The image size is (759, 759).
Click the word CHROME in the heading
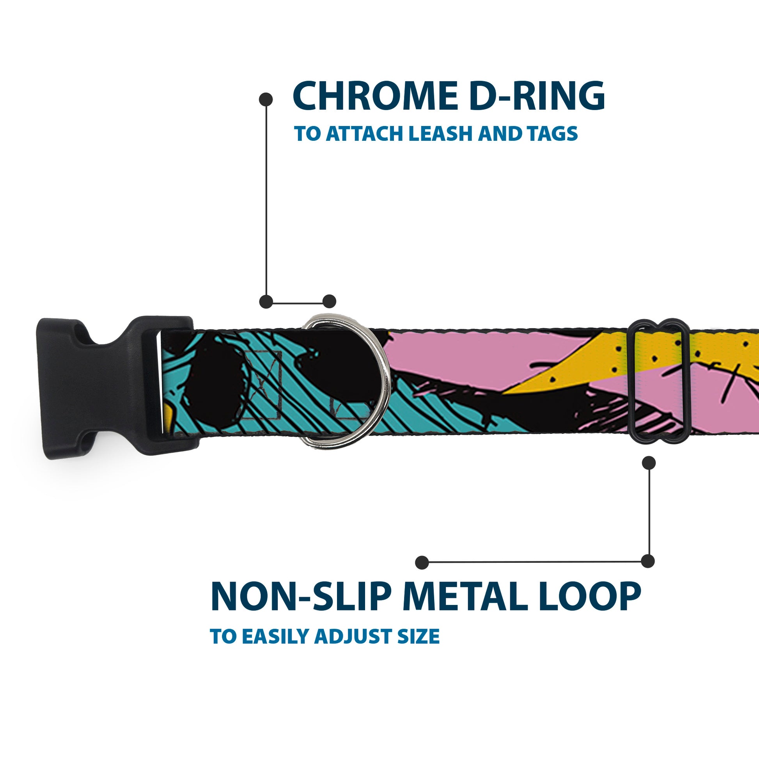click(x=374, y=96)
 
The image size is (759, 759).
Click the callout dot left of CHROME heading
click(x=266, y=99)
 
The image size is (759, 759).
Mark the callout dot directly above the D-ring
click(x=329, y=301)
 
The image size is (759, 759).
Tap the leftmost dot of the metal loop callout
click(x=422, y=562)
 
